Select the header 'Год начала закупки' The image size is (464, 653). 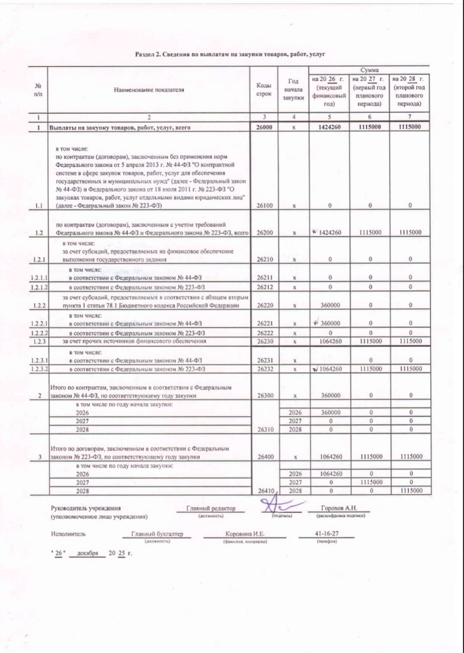point(294,90)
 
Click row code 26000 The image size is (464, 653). point(264,128)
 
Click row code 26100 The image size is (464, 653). point(264,206)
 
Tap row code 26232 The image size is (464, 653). point(264,369)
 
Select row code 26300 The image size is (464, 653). point(264,395)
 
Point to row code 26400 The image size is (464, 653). point(264,457)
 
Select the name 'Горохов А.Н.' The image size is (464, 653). point(333,508)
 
